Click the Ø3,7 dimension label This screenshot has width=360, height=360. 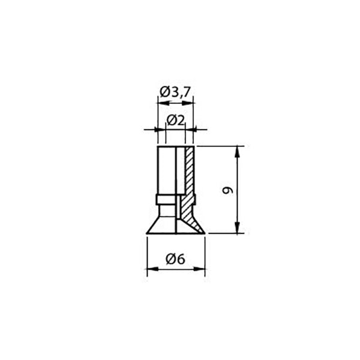tap(176, 92)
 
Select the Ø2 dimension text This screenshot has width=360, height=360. tap(175, 119)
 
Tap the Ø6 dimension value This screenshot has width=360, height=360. tap(176, 259)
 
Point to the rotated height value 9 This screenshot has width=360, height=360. tap(226, 190)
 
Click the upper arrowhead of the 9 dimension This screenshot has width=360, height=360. tap(239, 151)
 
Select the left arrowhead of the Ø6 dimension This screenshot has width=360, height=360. tap(151, 269)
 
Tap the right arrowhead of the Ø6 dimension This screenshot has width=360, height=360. tap(200, 269)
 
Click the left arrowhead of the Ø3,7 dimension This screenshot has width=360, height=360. tap(160, 103)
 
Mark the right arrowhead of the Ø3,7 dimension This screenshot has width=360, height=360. tap(190, 103)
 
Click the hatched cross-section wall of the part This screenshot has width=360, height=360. tap(190, 174)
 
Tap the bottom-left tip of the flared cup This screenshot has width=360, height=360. tap(148, 233)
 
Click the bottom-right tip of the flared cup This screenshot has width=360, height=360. tap(204, 233)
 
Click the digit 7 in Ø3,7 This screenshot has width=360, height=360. tap(187, 92)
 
